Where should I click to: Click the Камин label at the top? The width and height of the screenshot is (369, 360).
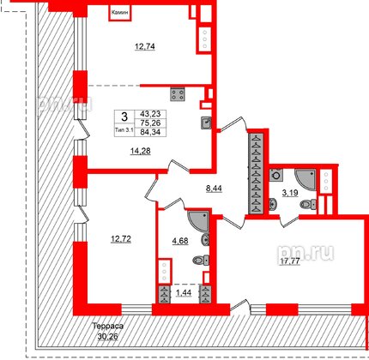pyautogui.click(x=119, y=14)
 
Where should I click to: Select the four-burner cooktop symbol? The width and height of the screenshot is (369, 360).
pyautogui.click(x=179, y=94)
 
